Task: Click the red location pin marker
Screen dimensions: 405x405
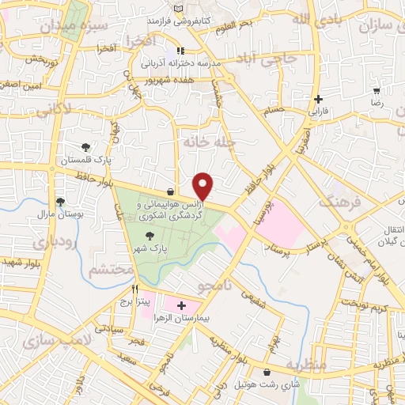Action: [204, 187]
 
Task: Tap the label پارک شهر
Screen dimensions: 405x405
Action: [158, 248]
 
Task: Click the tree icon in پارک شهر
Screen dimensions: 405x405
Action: [150, 236]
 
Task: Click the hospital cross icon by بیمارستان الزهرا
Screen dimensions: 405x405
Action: [181, 305]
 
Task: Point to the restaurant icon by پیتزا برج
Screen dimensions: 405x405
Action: [135, 290]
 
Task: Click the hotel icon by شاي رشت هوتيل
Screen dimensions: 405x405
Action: [266, 372]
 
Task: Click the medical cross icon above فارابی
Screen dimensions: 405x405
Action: [318, 100]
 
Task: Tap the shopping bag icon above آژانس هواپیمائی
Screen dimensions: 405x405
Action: [171, 191]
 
